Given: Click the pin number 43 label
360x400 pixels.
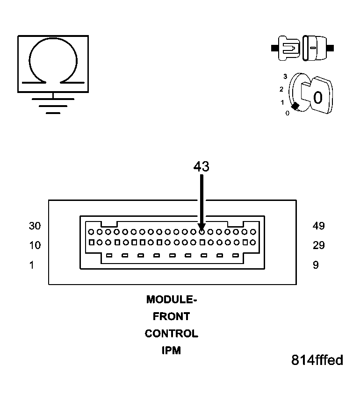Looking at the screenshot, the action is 201,166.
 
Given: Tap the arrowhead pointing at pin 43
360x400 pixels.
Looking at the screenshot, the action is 202,227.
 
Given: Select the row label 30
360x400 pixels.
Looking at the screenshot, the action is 35,226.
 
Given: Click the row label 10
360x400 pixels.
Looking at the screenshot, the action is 35,245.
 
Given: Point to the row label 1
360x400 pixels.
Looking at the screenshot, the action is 32,265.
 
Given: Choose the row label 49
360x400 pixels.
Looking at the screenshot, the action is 319,226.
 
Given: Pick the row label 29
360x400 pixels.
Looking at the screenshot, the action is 319,245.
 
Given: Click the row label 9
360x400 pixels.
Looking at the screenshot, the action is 316,265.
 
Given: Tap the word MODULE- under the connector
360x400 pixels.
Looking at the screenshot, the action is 171,300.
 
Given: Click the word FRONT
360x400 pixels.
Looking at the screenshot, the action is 171,316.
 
